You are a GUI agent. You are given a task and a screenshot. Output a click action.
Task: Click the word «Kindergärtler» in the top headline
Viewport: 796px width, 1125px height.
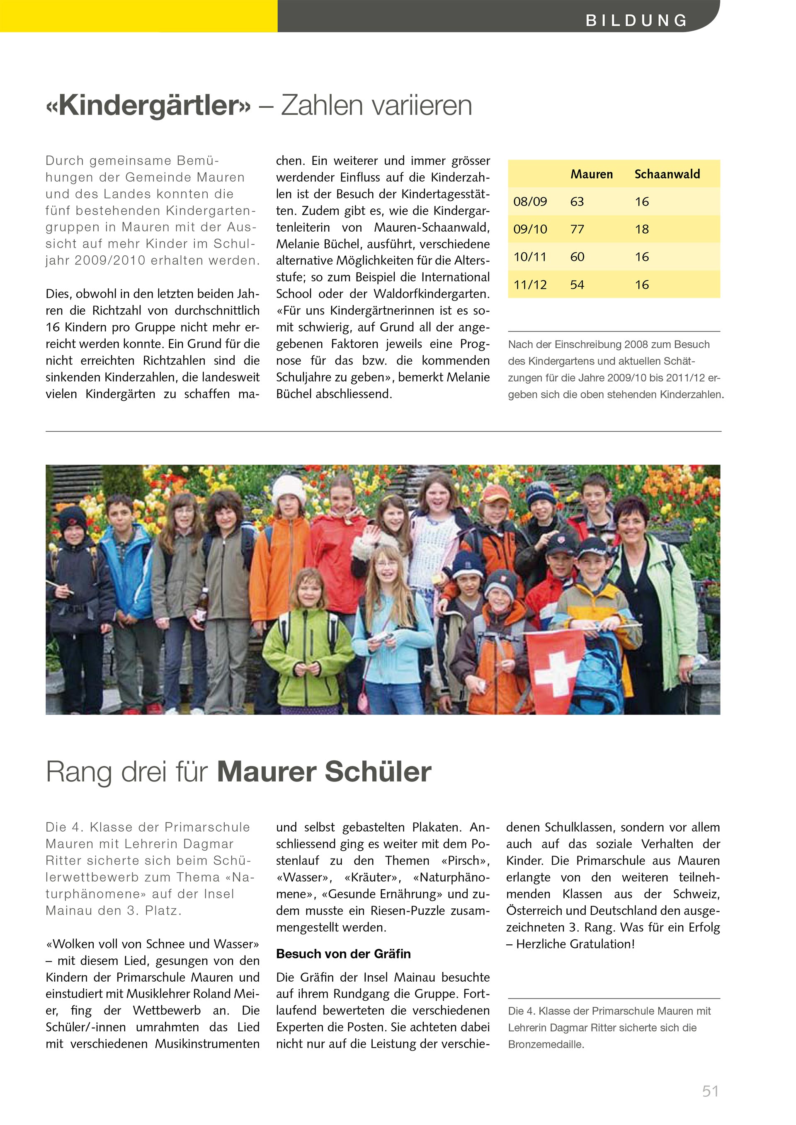pyautogui.click(x=148, y=105)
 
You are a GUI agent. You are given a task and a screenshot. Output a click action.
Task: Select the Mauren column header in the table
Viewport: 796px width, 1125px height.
pyautogui.click(x=591, y=174)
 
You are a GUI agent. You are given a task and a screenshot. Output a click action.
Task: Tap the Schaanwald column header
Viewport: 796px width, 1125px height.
pyautogui.click(x=667, y=174)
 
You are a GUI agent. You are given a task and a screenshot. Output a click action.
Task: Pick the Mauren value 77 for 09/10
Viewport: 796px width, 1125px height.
pyautogui.click(x=577, y=229)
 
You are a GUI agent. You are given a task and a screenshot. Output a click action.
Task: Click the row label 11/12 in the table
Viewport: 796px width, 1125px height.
pyautogui.click(x=530, y=285)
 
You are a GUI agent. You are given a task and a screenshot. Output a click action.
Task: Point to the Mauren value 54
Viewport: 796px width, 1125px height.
pyautogui.click(x=577, y=285)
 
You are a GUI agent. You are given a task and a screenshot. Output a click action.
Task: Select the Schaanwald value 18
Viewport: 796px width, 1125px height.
pyautogui.click(x=642, y=229)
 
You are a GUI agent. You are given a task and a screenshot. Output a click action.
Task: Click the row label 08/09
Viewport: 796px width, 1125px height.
pyautogui.click(x=530, y=201)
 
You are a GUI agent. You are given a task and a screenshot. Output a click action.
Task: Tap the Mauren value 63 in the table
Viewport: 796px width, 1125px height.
pyautogui.click(x=577, y=201)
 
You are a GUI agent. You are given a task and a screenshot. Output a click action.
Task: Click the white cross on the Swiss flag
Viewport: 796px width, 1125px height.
pyautogui.click(x=556, y=669)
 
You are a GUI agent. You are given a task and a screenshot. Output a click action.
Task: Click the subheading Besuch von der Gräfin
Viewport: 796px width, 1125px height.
pyautogui.click(x=343, y=953)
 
